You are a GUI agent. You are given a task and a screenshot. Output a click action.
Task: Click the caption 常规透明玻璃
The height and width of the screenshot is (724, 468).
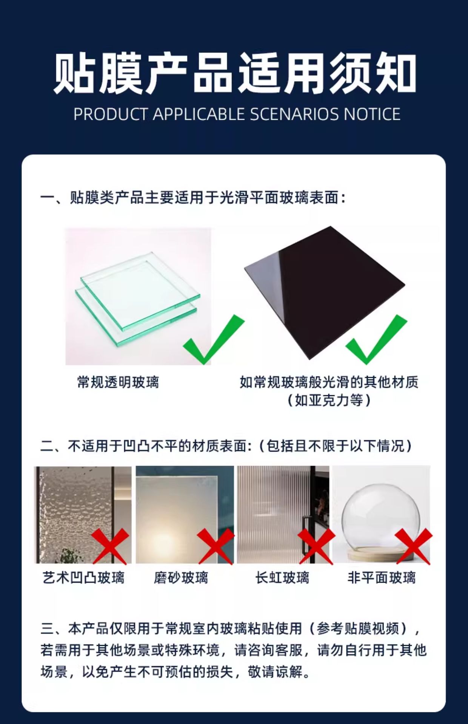(x=118, y=382)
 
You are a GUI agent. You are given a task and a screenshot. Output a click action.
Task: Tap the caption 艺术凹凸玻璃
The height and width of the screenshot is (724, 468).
(x=83, y=578)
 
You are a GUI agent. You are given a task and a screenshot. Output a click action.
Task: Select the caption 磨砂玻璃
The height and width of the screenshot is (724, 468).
(x=181, y=578)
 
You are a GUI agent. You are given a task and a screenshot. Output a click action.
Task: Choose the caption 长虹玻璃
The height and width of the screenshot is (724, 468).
(x=282, y=578)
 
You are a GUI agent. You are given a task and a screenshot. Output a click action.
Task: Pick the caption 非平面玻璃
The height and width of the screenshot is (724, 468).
(x=382, y=578)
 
